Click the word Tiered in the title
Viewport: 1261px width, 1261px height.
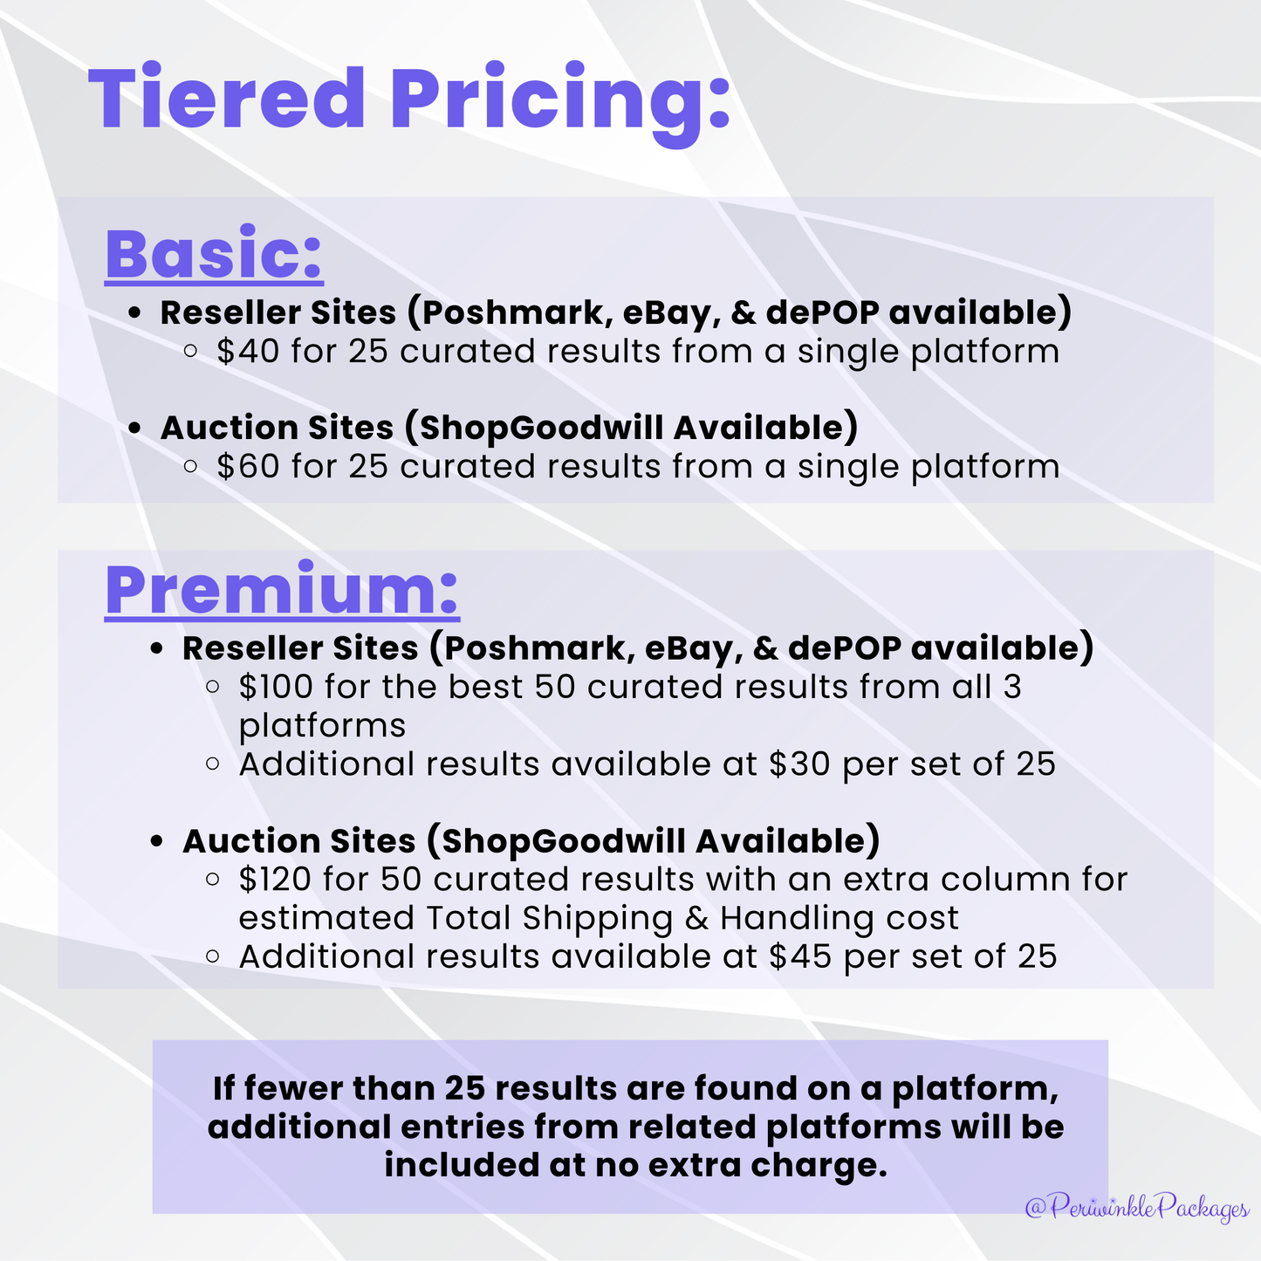[226, 97]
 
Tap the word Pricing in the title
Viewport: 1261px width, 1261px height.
[560, 105]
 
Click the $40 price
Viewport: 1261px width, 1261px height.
[248, 351]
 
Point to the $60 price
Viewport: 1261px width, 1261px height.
[248, 466]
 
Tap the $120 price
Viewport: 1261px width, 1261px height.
[276, 879]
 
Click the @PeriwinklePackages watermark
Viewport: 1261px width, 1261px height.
[1137, 1208]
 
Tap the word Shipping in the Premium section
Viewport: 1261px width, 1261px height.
[598, 919]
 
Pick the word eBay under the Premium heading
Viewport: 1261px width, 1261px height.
[695, 649]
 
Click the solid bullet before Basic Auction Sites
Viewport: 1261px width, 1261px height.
[134, 428]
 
